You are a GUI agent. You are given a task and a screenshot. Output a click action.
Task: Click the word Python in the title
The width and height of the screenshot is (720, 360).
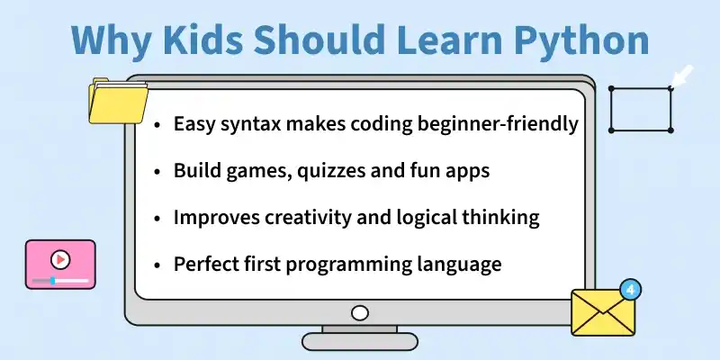581,40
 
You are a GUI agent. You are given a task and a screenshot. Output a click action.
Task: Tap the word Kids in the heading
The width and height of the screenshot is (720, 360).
202,39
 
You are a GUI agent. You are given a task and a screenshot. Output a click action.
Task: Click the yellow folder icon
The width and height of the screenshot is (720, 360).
118,101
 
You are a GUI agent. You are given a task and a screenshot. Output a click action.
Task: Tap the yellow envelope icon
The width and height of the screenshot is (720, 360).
603,312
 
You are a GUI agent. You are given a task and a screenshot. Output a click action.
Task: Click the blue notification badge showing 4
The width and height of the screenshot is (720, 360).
630,290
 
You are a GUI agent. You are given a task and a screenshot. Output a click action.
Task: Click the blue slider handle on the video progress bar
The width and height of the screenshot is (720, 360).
53,280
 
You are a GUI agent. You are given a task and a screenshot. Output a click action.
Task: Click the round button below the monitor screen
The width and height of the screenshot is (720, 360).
359,313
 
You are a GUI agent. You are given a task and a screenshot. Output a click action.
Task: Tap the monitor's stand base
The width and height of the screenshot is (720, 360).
359,342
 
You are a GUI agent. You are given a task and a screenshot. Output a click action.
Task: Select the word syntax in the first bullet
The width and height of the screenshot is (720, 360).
250,124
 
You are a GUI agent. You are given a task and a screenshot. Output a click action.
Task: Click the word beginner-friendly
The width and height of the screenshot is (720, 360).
498,124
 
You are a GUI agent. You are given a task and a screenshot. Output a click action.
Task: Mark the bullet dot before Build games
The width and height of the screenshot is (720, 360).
157,172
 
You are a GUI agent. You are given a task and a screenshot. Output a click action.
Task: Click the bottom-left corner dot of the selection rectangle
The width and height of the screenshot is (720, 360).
611,130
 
